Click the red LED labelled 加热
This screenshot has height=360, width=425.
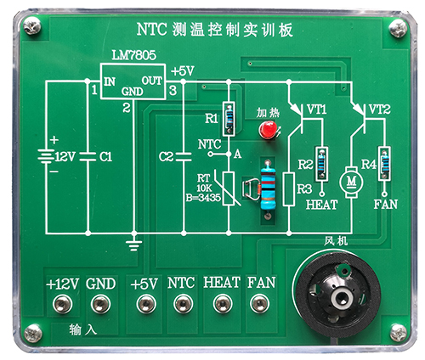click(268, 130)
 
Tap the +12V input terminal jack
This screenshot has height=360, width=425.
click(62, 304)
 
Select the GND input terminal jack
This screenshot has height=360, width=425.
click(100, 304)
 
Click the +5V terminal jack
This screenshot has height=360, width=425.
click(146, 304)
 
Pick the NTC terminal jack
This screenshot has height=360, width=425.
click(183, 304)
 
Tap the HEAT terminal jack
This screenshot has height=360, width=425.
click(223, 304)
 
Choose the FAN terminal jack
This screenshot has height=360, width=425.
click(259, 304)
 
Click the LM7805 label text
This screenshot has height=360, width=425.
click(133, 55)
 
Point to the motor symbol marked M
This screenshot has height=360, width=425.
click(351, 181)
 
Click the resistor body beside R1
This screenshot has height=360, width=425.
click(229, 119)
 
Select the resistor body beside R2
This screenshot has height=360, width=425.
click(321, 164)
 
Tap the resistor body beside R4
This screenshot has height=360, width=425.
click(384, 164)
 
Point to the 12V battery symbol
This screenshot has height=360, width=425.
click(45, 157)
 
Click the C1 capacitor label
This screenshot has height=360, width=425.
click(105, 157)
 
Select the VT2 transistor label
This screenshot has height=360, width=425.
click(379, 110)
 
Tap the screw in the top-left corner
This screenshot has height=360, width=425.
click(32, 25)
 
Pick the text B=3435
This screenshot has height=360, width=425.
click(203, 198)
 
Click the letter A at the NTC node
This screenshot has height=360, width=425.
click(237, 155)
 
